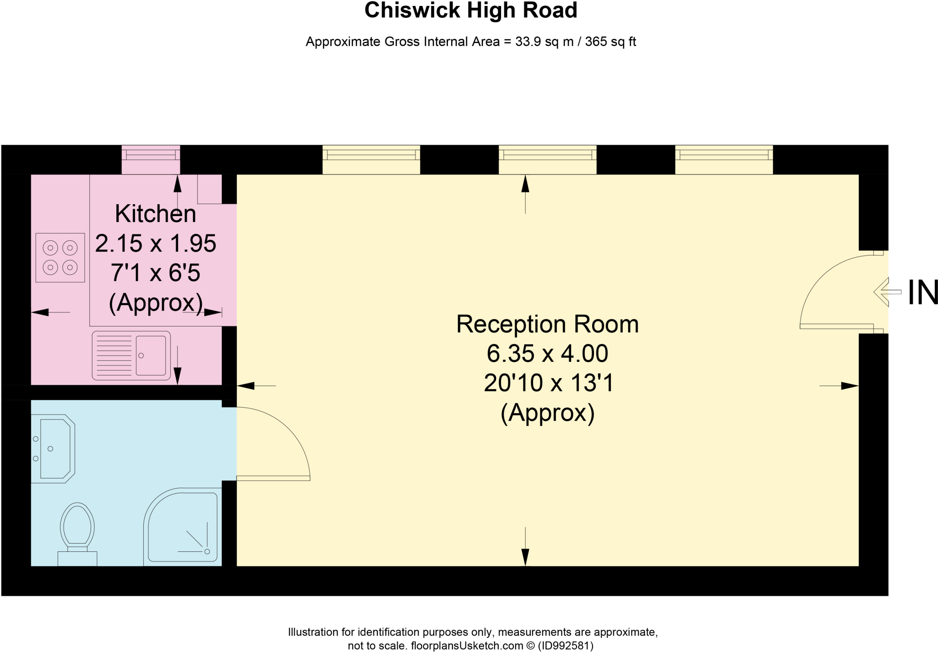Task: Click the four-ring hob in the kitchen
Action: click(x=60, y=257)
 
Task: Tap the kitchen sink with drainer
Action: click(x=131, y=356)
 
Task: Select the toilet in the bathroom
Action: click(x=77, y=534)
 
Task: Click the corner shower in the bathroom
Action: click(x=183, y=527)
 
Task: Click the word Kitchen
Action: click(x=156, y=214)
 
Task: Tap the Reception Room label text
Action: click(x=547, y=324)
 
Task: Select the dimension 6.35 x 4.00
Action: click(x=547, y=354)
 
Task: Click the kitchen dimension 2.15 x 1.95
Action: click(x=156, y=243)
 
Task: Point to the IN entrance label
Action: click(x=923, y=293)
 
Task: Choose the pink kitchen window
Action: click(x=151, y=160)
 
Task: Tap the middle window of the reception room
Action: click(x=547, y=160)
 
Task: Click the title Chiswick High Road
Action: click(x=471, y=10)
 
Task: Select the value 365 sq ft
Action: click(x=611, y=42)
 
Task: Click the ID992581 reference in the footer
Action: click(x=566, y=646)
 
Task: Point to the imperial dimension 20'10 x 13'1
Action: click(x=548, y=383)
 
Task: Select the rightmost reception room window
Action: click(x=724, y=160)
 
